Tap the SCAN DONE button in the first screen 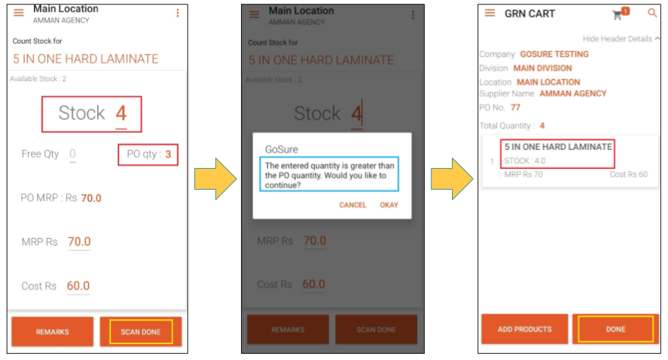pos(141,331)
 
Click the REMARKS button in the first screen pos(53,331)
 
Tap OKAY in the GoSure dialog pos(389,205)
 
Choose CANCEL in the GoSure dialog pos(352,205)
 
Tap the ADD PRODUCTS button pos(524,329)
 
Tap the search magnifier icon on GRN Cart pos(652,14)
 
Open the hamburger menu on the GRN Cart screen pos(490,14)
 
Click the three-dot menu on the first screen pos(178,14)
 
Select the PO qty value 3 pos(168,154)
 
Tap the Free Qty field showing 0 pos(72,154)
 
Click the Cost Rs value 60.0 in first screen pos(78,286)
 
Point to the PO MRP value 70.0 pos(91,198)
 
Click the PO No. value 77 pos(515,108)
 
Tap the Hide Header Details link pos(618,38)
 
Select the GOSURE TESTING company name pos(554,54)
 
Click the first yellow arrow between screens pos(215,179)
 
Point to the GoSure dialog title pos(282,150)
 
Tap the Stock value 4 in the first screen pos(121,113)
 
